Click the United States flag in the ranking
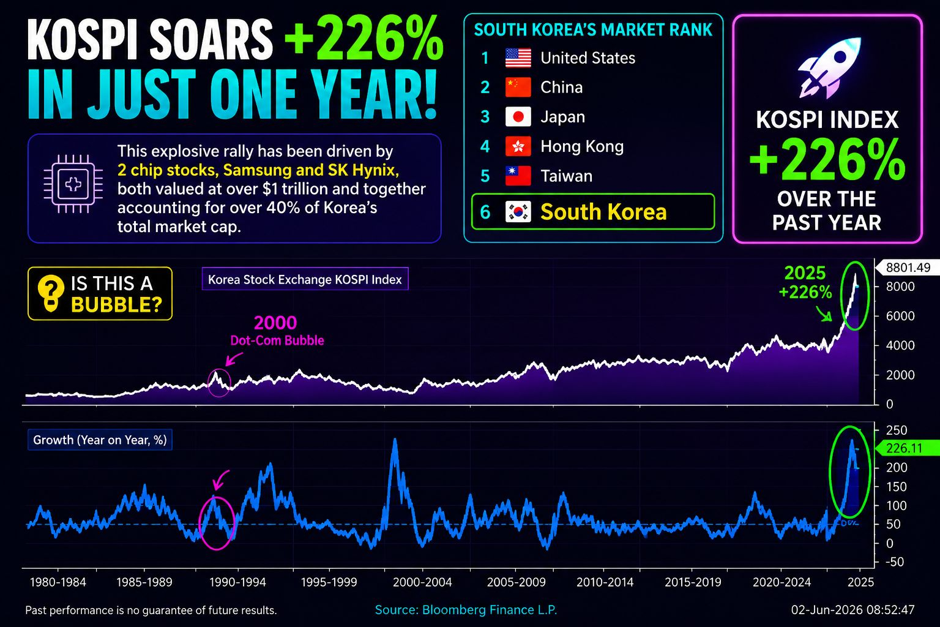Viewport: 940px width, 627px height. [x=518, y=58]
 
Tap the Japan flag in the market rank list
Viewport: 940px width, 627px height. [x=518, y=117]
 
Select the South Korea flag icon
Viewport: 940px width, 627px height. [x=518, y=212]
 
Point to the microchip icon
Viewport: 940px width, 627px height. [x=73, y=184]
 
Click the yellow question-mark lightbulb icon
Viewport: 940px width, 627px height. [x=51, y=293]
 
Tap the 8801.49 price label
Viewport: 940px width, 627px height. [x=908, y=268]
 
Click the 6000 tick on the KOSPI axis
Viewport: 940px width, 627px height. [x=900, y=316]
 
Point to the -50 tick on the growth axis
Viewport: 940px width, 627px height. [x=894, y=562]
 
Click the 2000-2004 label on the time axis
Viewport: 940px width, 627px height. [x=422, y=582]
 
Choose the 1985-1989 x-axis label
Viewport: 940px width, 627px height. [x=144, y=582]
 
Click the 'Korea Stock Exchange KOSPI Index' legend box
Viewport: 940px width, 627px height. [x=305, y=279]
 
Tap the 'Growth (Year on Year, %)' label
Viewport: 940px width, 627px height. [x=100, y=440]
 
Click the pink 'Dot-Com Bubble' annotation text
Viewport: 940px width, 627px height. [x=277, y=340]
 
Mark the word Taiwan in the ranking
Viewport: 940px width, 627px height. [x=566, y=176]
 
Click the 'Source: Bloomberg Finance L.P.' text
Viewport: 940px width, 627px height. [x=466, y=610]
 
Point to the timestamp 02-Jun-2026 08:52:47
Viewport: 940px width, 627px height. [x=852, y=610]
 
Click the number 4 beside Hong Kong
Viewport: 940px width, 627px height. [x=485, y=146]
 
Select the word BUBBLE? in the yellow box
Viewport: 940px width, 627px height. [x=116, y=305]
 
